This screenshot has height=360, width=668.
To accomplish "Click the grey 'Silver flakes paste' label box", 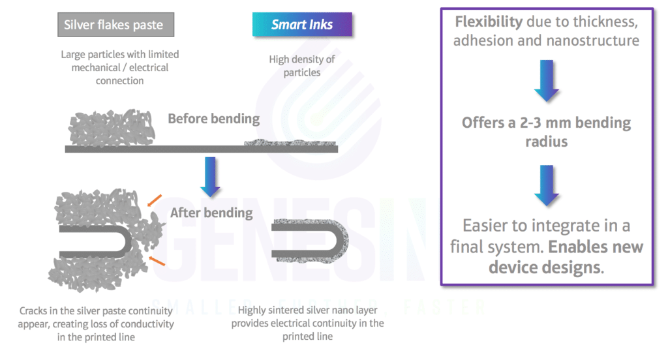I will (x=114, y=25).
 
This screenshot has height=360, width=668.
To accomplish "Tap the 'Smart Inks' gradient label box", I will (x=302, y=25).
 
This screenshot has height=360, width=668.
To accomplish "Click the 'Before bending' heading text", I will (x=213, y=119).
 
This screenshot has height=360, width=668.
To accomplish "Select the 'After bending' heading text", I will (x=211, y=212).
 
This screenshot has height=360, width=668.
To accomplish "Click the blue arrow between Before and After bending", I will (x=210, y=176).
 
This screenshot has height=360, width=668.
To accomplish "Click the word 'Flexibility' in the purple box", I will (x=489, y=22).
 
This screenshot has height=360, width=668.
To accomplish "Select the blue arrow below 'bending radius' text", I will (x=546, y=186).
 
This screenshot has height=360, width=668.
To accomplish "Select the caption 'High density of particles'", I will (x=302, y=66).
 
